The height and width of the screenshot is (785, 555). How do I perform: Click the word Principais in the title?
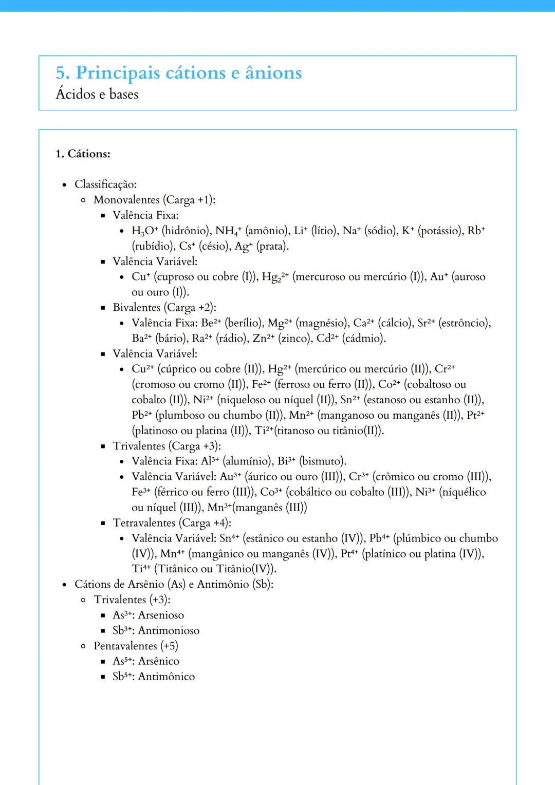(118, 73)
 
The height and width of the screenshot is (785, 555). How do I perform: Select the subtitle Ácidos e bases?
(97, 95)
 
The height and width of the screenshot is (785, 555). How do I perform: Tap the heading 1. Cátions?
(83, 154)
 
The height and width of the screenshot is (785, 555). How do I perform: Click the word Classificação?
(105, 184)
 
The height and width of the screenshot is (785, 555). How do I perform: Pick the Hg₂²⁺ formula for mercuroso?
(275, 277)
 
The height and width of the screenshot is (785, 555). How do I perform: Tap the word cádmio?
(364, 339)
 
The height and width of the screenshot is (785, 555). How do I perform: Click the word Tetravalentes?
(144, 523)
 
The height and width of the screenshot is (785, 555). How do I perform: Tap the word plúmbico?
(417, 538)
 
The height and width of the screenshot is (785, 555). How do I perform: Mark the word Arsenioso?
(161, 615)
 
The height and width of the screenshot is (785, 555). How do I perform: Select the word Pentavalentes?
(125, 646)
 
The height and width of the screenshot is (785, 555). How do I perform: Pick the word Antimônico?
(166, 677)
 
